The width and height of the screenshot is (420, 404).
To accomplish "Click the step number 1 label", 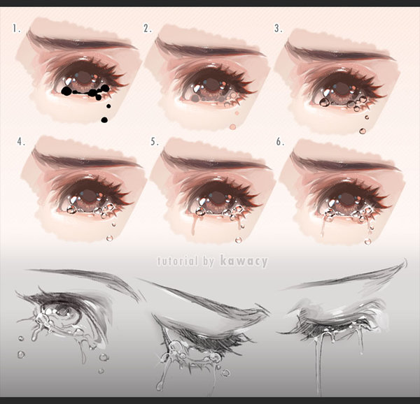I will tap(15, 29).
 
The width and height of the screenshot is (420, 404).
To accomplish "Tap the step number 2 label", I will tap(147, 29).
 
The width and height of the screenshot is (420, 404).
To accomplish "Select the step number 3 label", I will tap(278, 29).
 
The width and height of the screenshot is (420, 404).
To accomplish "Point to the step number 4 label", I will tap(21, 142).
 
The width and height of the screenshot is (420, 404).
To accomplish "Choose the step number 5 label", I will tap(155, 142).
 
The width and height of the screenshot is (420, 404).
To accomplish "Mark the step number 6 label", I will tap(280, 142).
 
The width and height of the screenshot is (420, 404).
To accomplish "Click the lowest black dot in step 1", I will tap(104, 120).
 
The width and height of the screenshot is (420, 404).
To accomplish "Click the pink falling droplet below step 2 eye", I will tap(232, 126).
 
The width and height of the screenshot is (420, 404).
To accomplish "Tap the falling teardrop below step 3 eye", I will tap(363, 131).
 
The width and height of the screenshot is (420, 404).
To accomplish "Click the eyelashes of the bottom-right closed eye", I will tap(329, 327).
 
